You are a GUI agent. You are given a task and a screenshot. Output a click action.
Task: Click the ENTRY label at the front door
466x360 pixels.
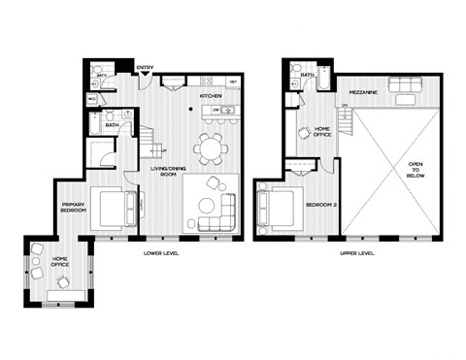pos(145,67)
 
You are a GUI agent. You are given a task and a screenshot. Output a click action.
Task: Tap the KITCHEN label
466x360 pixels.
pos(211,97)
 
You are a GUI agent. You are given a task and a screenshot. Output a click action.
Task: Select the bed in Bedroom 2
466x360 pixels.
pos(277,207)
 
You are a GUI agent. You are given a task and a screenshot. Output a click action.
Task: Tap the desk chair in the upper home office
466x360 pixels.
pos(303,133)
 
